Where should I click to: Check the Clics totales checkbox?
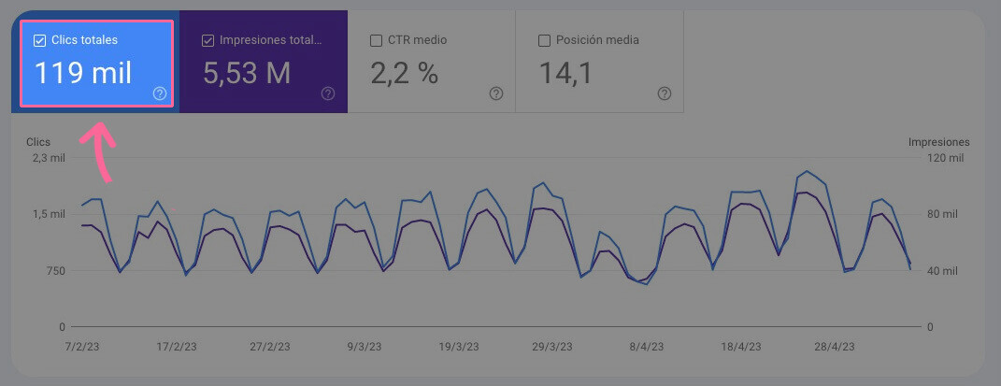[x=39, y=40]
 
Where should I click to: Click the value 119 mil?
[x=83, y=72]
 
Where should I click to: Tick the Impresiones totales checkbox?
[x=207, y=40]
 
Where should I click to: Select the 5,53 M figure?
[x=247, y=72]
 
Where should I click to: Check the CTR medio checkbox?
[x=376, y=40]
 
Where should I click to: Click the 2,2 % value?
[x=405, y=72]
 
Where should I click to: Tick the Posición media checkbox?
[x=544, y=40]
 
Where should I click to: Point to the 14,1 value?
[x=565, y=72]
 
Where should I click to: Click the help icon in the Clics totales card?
[x=160, y=93]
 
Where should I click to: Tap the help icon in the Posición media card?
[x=665, y=93]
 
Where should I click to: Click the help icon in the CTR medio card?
[x=496, y=93]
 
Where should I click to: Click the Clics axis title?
[x=38, y=142]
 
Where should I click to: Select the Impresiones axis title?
[x=938, y=142]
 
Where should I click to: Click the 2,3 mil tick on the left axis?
[x=49, y=158]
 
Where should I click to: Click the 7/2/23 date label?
[x=83, y=346]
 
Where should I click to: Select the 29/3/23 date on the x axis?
[x=551, y=346]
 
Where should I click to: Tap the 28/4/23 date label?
[x=834, y=346]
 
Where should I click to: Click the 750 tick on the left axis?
[x=53, y=271]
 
